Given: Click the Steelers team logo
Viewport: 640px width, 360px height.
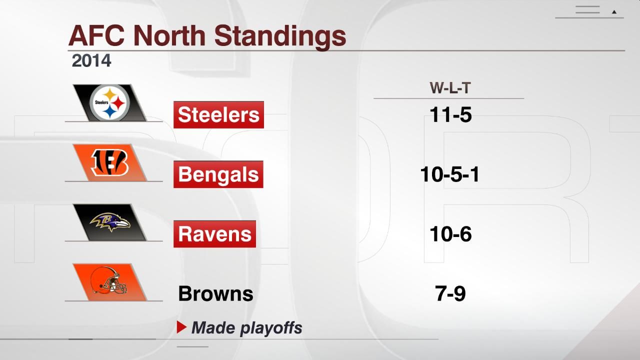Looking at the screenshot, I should point(110,102).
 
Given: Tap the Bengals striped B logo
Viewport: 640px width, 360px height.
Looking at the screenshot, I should point(109,162).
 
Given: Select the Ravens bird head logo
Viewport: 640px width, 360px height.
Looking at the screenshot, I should point(109,222).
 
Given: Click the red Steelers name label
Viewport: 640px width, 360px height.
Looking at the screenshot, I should point(218,114).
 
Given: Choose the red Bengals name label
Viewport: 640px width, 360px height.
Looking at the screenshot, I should point(218,174).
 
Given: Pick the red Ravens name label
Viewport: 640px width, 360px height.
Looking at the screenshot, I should point(214,234).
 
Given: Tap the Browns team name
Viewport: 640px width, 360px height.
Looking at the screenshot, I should point(215,293).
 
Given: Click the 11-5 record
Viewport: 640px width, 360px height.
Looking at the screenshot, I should point(450,115).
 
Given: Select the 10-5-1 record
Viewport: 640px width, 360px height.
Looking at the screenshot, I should point(450,174).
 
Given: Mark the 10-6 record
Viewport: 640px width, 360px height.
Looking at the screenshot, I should point(450,234).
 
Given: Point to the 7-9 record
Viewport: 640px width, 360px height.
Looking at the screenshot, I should point(450,293).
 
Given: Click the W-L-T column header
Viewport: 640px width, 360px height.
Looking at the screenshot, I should point(450,88).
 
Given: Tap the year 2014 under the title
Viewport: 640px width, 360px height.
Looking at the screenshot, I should point(91,60).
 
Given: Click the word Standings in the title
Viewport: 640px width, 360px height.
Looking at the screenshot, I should point(281,35).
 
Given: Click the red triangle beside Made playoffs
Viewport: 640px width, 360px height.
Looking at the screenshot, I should point(181,327).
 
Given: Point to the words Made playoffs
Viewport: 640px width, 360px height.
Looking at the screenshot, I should point(247,328).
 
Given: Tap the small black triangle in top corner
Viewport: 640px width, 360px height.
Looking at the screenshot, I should point(614,12).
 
